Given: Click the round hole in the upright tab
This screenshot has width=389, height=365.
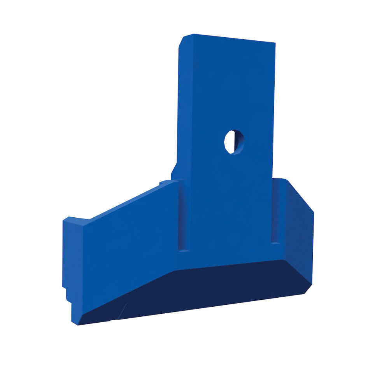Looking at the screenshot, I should click(234, 141).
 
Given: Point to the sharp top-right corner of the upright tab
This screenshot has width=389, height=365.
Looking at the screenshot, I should click(275, 43).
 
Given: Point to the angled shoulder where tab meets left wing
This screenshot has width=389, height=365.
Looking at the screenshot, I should click(175, 171).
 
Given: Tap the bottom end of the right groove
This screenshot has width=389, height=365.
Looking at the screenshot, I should click(275, 242).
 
